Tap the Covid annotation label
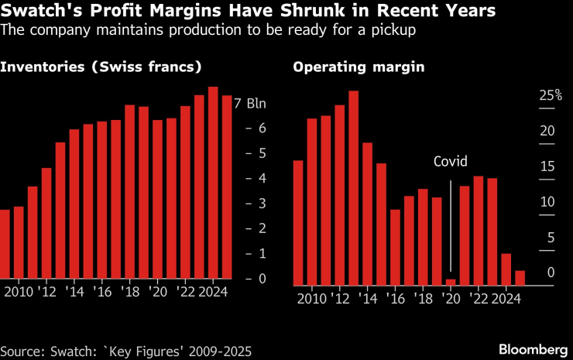[x=451, y=162]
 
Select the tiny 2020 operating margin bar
[x=451, y=282]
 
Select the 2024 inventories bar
[x=213, y=183]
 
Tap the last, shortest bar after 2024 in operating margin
[x=520, y=278]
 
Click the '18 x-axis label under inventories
[x=129, y=292]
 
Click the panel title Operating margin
[x=358, y=67]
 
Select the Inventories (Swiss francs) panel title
[x=101, y=67]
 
